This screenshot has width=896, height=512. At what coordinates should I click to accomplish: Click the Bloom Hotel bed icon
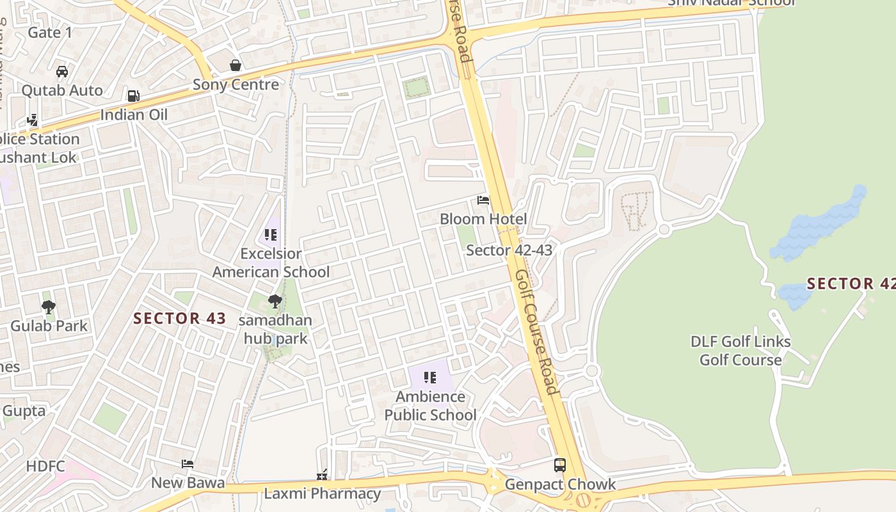pyautogui.click(x=483, y=201)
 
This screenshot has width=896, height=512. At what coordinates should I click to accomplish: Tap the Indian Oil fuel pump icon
pyautogui.click(x=133, y=96)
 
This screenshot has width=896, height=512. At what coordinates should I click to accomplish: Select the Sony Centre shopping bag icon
pyautogui.click(x=236, y=65)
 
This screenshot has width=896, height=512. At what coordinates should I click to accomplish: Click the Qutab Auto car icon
pyautogui.click(x=62, y=72)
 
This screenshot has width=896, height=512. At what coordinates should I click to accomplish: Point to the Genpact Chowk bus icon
pyautogui.click(x=560, y=465)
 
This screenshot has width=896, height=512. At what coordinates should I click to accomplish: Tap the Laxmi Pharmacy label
pyautogui.click(x=323, y=493)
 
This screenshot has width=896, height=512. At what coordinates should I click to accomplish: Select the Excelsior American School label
pyautogui.click(x=271, y=262)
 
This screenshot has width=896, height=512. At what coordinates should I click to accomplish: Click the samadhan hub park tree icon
pyautogui.click(x=275, y=301)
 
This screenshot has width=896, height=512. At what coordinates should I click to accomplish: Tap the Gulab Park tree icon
pyautogui.click(x=49, y=307)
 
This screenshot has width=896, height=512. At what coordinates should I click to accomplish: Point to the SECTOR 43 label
pyautogui.click(x=180, y=318)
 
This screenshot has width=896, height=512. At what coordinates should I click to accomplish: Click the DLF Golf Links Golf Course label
pyautogui.click(x=740, y=350)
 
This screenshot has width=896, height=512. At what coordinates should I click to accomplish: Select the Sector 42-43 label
pyautogui.click(x=509, y=250)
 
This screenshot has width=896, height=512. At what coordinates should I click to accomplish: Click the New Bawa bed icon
pyautogui.click(x=187, y=463)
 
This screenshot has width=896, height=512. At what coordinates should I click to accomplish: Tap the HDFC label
pyautogui.click(x=45, y=466)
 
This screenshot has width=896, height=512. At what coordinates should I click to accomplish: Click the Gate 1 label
pyautogui.click(x=50, y=32)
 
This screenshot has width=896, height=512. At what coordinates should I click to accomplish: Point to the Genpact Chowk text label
pyautogui.click(x=560, y=484)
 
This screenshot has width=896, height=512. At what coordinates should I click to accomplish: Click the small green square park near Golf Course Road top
pyautogui.click(x=417, y=87)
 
